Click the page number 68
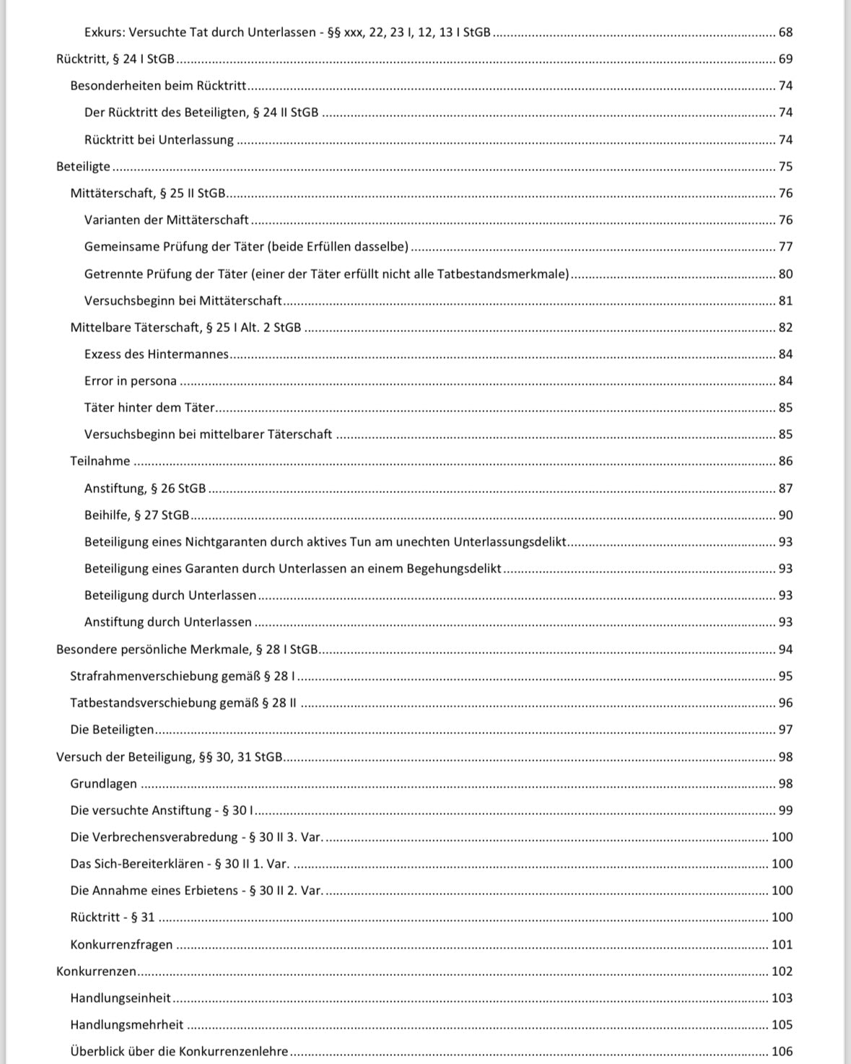[x=785, y=32]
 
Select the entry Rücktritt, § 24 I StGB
[x=115, y=59]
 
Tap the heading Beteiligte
[x=84, y=167]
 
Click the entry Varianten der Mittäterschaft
[x=166, y=220]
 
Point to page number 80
[x=785, y=274]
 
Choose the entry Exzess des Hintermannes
[x=156, y=354]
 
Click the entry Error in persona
[x=130, y=381]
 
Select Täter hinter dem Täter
[x=149, y=408]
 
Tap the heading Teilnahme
[x=100, y=461]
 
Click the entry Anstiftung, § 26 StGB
[x=145, y=489]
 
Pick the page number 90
[x=785, y=515]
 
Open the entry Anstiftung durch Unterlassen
[x=168, y=622]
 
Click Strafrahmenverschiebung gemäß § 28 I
[x=183, y=676]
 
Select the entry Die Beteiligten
[x=112, y=730]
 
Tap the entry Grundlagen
[x=103, y=784]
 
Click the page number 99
[x=785, y=811]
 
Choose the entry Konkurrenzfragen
[x=121, y=945]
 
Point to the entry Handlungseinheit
[x=121, y=998]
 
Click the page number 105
[x=782, y=1025]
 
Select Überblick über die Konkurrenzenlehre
[x=179, y=1052]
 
